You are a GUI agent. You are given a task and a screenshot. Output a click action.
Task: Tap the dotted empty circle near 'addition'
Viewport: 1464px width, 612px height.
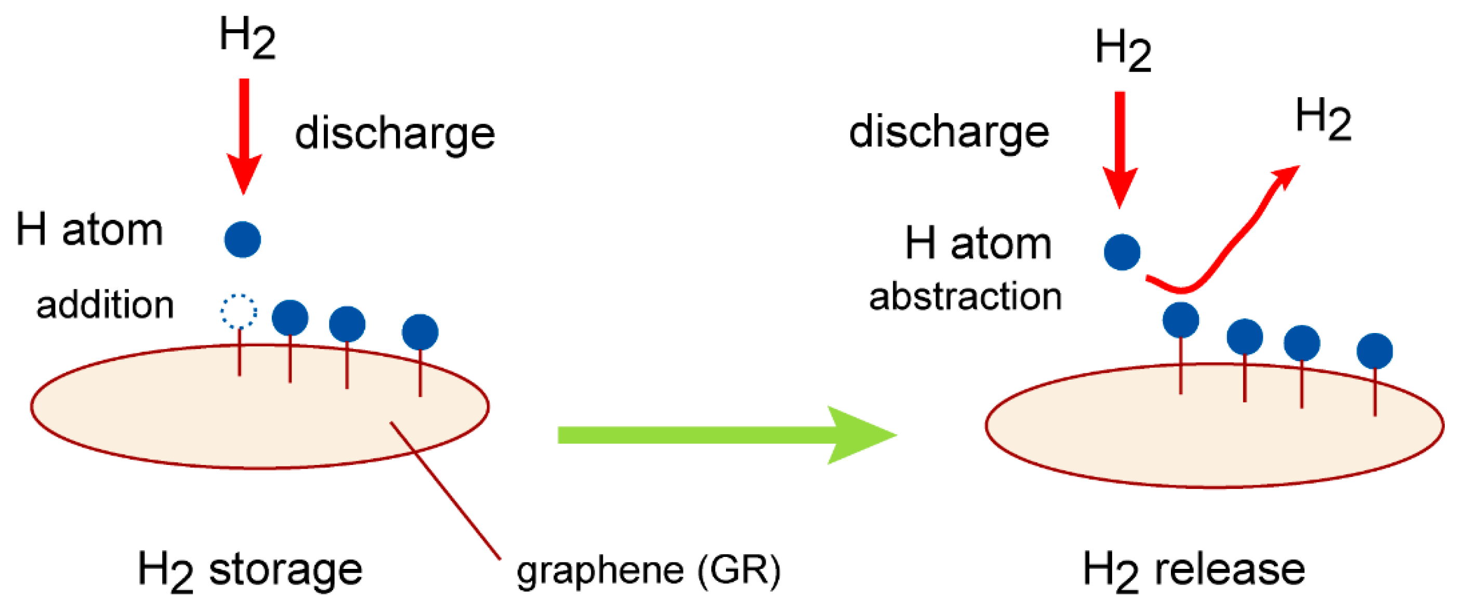point(239,311)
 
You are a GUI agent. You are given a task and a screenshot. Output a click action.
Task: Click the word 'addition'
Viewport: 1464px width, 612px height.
point(104,305)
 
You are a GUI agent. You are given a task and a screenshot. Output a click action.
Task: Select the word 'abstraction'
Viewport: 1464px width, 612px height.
point(965,297)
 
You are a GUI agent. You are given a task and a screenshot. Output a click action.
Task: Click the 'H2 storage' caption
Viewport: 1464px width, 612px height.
point(249,570)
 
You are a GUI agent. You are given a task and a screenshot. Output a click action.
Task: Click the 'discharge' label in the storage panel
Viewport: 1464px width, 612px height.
point(395,134)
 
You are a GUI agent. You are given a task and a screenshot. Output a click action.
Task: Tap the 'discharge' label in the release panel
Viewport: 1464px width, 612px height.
point(948,132)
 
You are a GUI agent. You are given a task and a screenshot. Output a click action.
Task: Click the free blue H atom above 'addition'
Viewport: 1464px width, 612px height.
point(243,239)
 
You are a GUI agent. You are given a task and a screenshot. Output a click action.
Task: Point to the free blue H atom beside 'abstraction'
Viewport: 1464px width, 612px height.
point(1122,252)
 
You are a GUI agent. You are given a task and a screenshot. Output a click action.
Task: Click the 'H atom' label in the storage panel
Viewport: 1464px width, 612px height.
point(89,230)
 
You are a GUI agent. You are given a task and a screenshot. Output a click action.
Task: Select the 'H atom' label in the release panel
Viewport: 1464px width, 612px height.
point(978,243)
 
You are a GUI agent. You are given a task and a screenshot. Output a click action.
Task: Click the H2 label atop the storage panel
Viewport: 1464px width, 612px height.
point(247,37)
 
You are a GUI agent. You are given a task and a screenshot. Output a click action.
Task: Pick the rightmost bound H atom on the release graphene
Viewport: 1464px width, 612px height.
point(1374,351)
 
